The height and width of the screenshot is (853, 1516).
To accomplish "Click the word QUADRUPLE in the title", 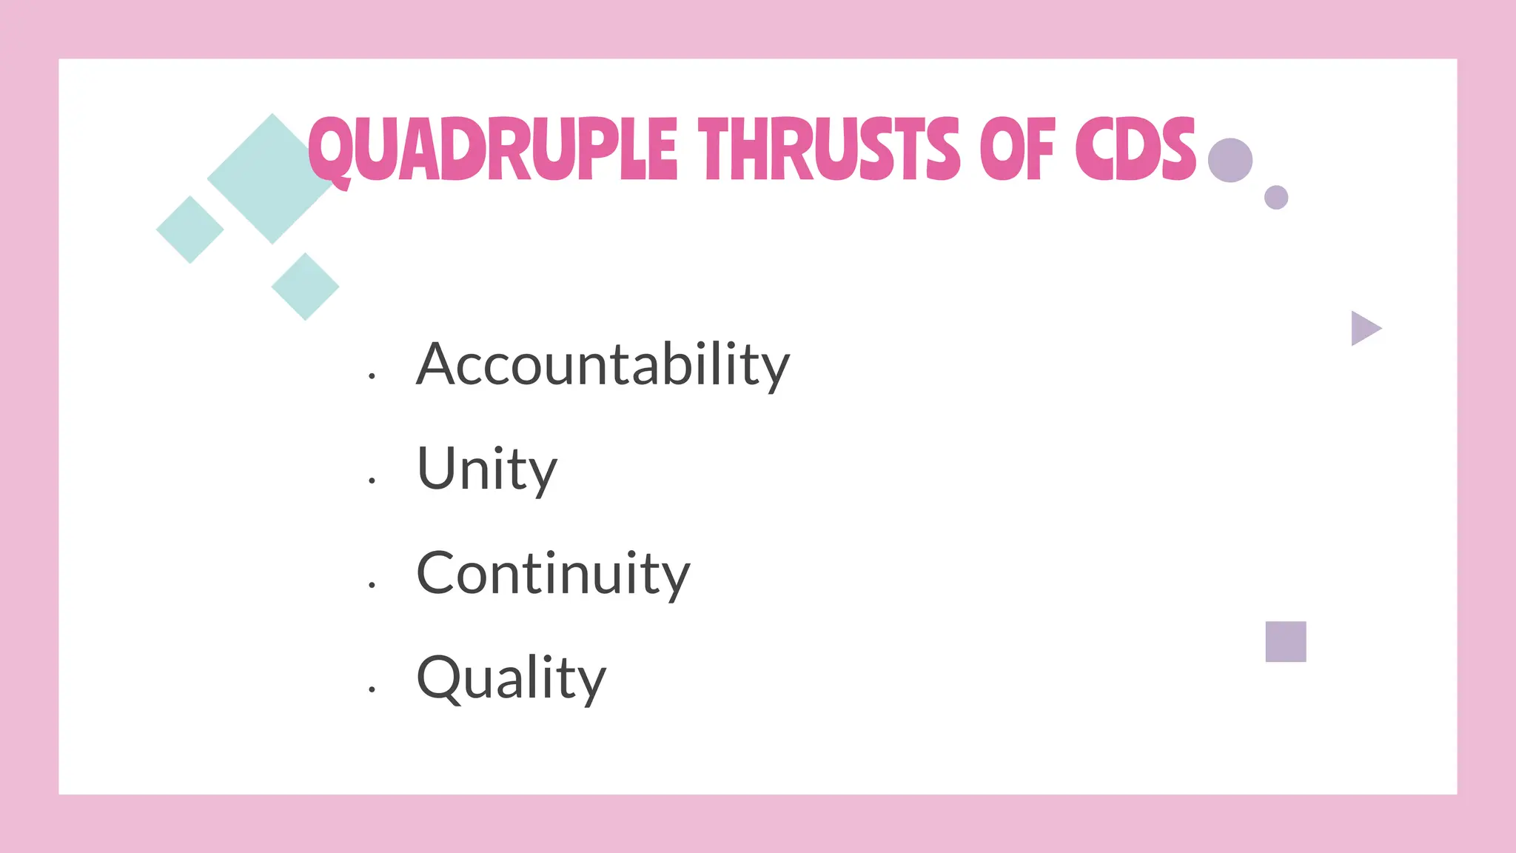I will point(492,150).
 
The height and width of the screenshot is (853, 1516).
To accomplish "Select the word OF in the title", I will point(1017,150).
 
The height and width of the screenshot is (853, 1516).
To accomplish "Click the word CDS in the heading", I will point(1136,150).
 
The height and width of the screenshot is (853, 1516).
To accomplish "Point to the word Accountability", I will point(603,364).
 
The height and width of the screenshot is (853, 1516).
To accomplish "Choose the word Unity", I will point(486,469).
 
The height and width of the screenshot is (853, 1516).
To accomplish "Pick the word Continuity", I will point(552,574).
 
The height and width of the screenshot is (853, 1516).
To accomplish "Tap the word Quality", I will point(511,678).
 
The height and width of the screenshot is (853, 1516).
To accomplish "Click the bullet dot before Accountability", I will point(372,376).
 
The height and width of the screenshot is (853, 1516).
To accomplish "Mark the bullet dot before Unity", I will point(372,481).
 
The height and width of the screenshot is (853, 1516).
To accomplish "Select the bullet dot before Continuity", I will point(372,585).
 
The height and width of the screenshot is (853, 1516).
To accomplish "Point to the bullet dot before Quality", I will point(372,689).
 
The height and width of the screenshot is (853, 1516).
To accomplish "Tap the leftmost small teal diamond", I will point(190,230).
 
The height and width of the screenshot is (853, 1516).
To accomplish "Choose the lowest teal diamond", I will point(305,287).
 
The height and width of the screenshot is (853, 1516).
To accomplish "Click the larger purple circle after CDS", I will point(1230,160).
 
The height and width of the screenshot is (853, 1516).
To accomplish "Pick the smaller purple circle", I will point(1276,198).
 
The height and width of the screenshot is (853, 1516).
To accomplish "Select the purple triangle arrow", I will point(1364,328).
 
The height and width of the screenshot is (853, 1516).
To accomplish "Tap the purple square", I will point(1286,641).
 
